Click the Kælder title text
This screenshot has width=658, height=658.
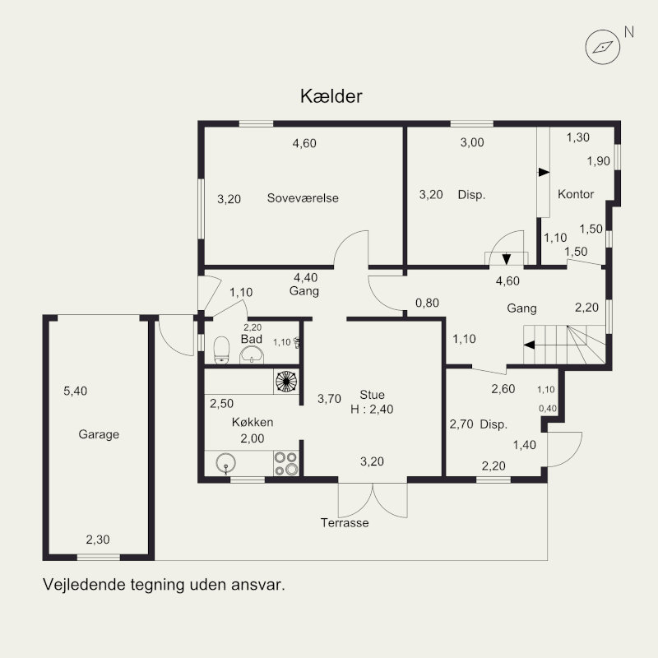[331, 96]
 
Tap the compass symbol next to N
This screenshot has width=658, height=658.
[603, 47]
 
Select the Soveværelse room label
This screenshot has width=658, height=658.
[303, 197]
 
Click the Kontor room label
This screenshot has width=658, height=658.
[576, 194]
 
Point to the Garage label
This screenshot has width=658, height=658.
[99, 434]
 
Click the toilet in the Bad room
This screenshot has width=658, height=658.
[221, 350]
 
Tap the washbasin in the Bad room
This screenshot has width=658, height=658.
[252, 355]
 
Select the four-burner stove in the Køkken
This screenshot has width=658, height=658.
[286, 463]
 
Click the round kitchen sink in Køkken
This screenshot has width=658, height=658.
[225, 463]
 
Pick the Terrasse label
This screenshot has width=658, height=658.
[345, 522]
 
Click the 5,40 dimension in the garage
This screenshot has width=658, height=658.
[76, 392]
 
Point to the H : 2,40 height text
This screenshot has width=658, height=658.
[372, 409]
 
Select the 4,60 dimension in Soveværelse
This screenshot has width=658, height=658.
[304, 143]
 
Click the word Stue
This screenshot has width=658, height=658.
[372, 395]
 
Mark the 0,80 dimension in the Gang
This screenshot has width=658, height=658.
[427, 303]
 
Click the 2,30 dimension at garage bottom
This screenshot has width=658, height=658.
[98, 540]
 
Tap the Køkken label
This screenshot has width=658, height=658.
[253, 422]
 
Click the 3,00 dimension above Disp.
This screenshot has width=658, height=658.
[472, 142]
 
